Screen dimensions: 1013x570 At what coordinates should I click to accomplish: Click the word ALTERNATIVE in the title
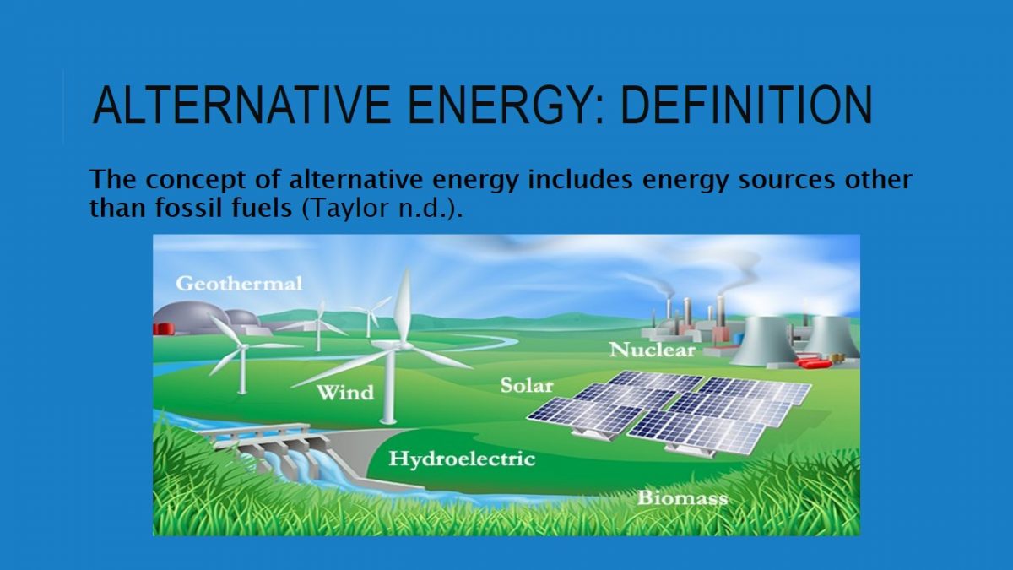[241, 105]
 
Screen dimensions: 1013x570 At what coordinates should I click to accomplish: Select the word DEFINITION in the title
[747, 105]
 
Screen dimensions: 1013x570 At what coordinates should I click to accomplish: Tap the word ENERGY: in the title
[506, 105]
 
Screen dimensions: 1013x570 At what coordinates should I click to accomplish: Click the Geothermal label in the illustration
[239, 284]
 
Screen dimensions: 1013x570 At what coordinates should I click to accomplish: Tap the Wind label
[345, 392]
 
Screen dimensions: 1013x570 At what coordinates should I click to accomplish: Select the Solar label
[527, 385]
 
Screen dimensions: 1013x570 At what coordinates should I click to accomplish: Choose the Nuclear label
[652, 350]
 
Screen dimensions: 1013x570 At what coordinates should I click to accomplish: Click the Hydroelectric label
[463, 459]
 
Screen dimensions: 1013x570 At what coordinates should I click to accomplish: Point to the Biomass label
[683, 498]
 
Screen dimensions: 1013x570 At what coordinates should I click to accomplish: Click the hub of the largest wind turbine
[397, 346]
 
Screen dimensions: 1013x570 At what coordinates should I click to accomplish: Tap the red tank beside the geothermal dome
[164, 328]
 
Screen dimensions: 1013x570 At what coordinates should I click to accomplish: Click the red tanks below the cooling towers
[813, 362]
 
